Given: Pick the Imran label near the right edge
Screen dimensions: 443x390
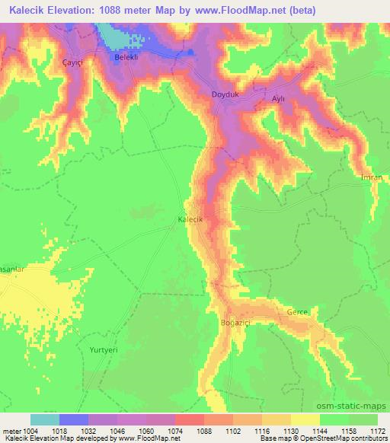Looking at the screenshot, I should (371, 177).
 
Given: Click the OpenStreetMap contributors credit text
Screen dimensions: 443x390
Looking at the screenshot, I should (347, 439).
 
